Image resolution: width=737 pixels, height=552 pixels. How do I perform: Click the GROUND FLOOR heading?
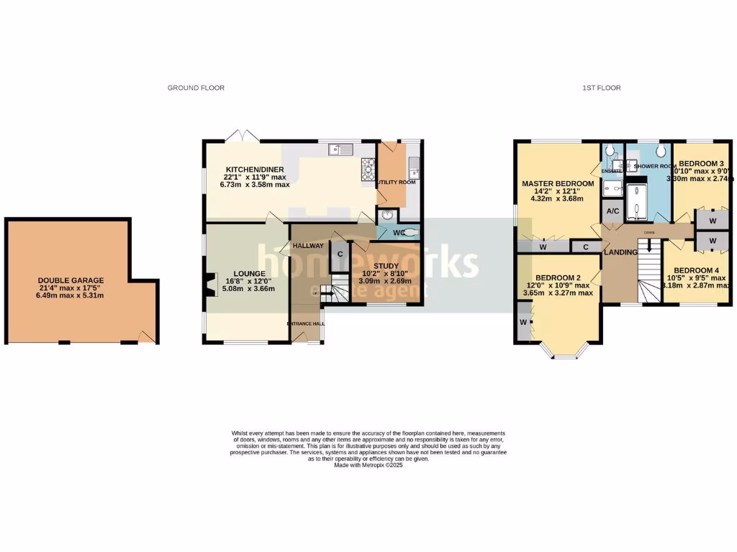coord(196,88)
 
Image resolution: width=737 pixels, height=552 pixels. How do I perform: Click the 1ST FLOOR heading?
coord(602,88)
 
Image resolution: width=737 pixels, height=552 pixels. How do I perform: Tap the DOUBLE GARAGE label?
coord(71,281)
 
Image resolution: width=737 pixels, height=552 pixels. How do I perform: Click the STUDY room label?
coord(386,266)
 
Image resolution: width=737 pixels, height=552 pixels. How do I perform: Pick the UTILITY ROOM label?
coord(397,183)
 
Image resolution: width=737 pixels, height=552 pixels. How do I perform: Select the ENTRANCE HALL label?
coord(306,323)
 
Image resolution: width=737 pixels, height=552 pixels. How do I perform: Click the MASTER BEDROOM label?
coord(559,184)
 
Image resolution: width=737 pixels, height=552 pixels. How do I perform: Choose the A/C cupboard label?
coord(613,211)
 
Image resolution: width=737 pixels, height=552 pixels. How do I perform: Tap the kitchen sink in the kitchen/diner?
coord(339,149)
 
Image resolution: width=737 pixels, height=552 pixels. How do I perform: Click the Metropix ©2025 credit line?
coord(368,465)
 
